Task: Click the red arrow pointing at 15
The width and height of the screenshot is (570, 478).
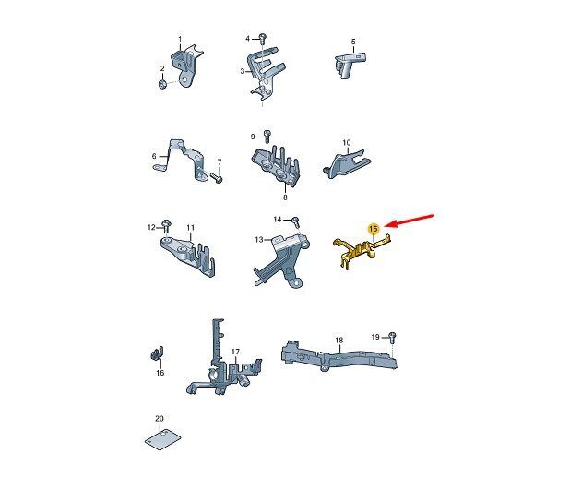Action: click(410, 221)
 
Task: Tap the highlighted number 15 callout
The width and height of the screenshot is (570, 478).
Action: click(374, 229)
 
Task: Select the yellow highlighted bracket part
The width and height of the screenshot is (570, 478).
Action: click(362, 251)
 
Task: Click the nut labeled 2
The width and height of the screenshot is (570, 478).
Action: click(162, 85)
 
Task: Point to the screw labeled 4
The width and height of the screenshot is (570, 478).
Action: click(263, 37)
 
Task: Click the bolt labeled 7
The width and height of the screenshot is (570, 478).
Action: click(217, 178)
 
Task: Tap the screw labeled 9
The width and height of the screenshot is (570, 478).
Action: click(267, 136)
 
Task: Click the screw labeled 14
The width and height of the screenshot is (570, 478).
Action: click(295, 221)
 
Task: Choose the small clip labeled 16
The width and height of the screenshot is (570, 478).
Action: click(157, 353)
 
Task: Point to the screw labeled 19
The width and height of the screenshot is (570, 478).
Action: click(392, 337)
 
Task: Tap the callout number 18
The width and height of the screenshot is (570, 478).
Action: click(338, 341)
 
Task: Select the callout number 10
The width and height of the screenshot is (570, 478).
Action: click(347, 143)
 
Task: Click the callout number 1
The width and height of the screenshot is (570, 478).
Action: click(180, 39)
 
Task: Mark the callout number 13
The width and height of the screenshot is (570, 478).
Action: click(259, 240)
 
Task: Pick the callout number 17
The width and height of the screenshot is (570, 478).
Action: click(235, 352)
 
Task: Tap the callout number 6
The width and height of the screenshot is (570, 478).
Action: click(154, 156)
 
